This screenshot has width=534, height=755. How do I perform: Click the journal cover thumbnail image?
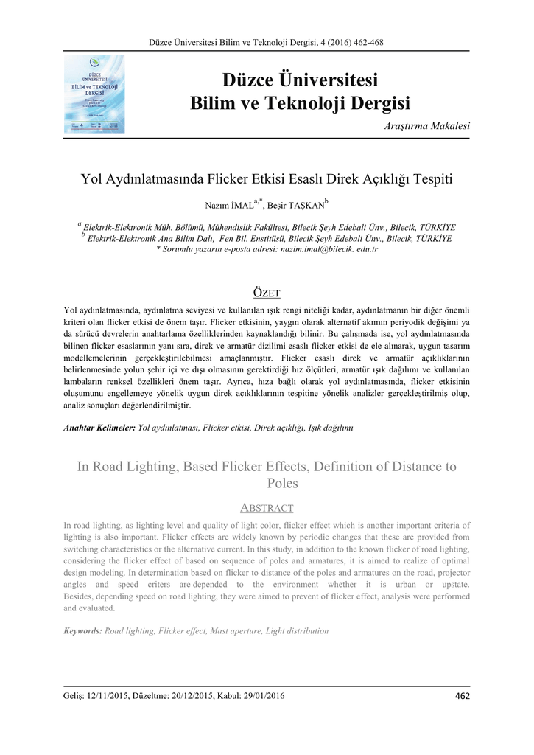(x=94, y=94)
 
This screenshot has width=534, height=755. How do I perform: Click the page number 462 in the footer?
(x=463, y=695)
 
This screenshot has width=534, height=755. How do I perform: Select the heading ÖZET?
(x=267, y=293)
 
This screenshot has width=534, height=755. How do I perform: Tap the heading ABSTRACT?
(x=267, y=508)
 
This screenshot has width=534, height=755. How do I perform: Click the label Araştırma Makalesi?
(x=427, y=126)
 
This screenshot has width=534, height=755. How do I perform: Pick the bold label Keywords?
(x=82, y=631)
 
